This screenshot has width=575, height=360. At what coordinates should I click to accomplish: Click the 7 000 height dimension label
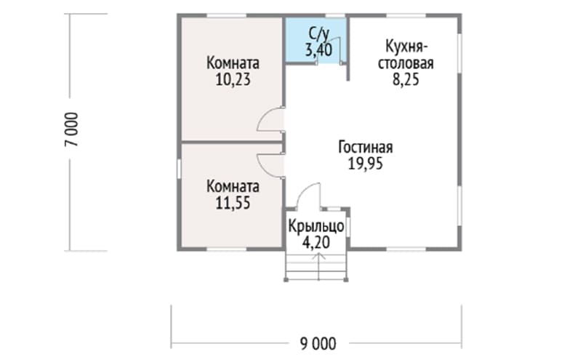tap(72, 129)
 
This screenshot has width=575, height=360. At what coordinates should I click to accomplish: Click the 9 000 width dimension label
tap(318, 344)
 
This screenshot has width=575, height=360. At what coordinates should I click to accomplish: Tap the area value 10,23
tap(233, 79)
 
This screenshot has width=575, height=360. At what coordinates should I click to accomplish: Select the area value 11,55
tap(233, 203)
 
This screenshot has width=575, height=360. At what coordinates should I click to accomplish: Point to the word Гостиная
tap(365, 147)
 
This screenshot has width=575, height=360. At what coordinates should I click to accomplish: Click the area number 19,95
tap(365, 164)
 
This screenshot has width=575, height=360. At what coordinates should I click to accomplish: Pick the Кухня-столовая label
tap(406, 55)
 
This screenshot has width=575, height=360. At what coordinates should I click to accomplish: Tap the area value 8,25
tap(406, 79)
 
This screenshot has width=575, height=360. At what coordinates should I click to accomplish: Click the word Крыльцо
tap(316, 226)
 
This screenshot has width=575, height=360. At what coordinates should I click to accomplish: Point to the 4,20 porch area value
tap(316, 242)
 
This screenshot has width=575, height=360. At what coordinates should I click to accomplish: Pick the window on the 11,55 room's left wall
tap(179, 169)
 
